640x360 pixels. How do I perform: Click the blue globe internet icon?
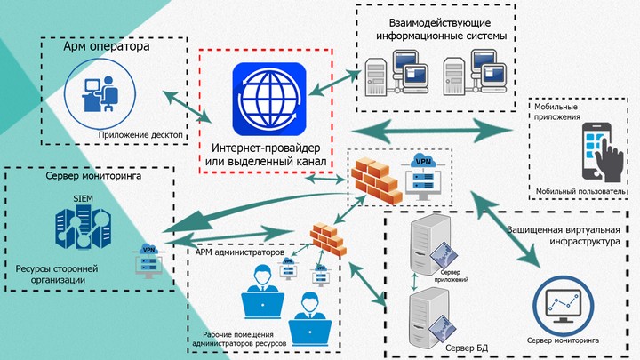click(x=269, y=100)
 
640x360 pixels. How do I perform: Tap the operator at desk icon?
click(x=100, y=94)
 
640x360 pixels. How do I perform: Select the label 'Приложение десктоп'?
click(x=140, y=135)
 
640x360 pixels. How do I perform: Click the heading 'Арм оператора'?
click(x=106, y=46)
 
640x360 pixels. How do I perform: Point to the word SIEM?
click(x=83, y=199)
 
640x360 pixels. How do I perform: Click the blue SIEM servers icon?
click(x=84, y=228)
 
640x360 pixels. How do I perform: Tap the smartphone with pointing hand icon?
click(x=603, y=152)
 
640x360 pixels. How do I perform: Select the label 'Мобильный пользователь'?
click(x=580, y=191)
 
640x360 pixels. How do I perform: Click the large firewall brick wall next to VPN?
click(x=375, y=180)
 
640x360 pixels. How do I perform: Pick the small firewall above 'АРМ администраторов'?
click(x=328, y=239)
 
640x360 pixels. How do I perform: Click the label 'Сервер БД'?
click(x=467, y=348)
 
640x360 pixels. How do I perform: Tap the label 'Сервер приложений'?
click(x=451, y=276)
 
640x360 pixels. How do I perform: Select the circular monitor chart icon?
click(x=563, y=306)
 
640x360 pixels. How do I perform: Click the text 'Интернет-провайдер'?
click(x=266, y=148)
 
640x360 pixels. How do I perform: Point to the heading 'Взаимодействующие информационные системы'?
click(x=441, y=29)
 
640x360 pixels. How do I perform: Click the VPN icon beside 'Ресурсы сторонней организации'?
click(x=148, y=260)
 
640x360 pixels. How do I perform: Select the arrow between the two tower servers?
click(x=415, y=282)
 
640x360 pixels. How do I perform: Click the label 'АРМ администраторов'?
click(x=240, y=252)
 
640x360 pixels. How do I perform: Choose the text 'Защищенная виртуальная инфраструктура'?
click(x=564, y=236)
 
